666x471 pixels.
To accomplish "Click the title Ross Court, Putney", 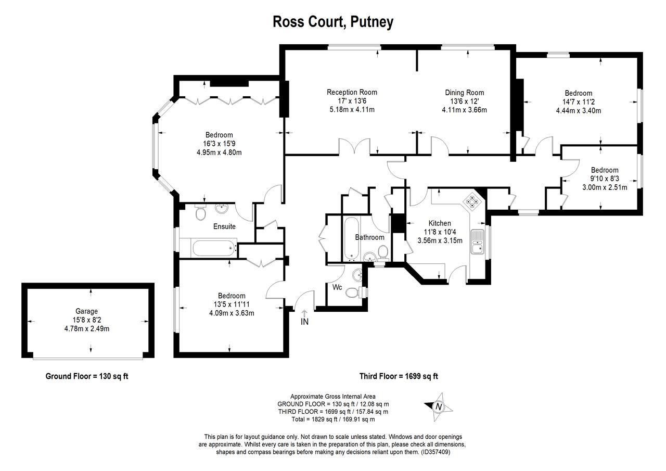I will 333,22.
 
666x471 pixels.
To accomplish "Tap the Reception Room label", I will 352,93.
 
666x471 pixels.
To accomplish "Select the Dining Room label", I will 464,93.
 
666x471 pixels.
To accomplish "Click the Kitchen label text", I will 440,223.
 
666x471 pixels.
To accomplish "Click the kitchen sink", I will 477,242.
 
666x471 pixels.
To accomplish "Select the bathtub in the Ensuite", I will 208,248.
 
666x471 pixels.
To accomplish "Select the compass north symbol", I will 438,406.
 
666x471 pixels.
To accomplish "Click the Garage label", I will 86,311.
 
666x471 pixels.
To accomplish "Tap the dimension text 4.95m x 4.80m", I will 219,152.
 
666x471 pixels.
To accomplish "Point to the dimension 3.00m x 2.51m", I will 605,187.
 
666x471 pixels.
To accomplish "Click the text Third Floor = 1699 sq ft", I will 399,376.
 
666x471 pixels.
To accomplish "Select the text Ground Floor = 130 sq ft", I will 87,376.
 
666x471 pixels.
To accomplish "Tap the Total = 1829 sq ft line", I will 333,419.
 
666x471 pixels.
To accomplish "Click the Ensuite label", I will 224,226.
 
